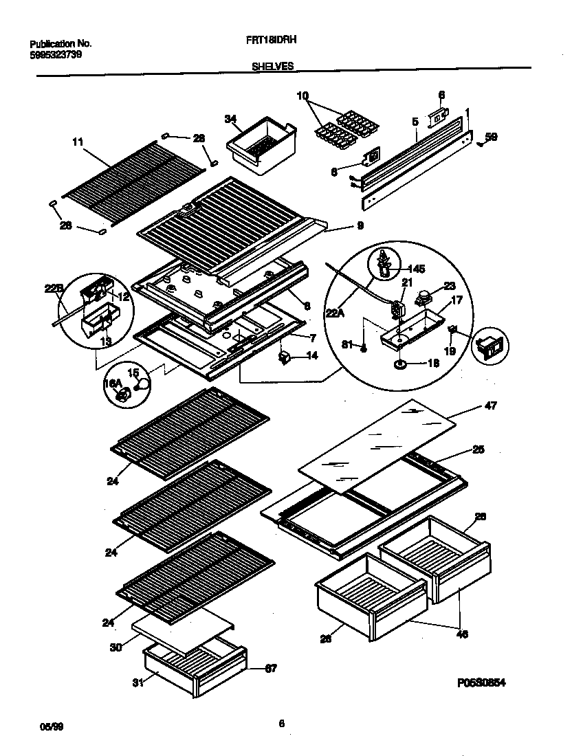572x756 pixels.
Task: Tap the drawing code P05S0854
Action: pos(485,684)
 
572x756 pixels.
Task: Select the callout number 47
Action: pos(491,406)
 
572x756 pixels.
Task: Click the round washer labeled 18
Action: pos(399,362)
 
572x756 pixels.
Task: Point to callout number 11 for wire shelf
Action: pos(77,142)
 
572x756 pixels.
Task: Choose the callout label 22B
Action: pos(54,289)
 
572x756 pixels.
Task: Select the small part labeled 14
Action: pos(283,356)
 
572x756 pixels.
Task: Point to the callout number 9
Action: pos(360,225)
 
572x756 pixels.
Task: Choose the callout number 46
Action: pos(462,634)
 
